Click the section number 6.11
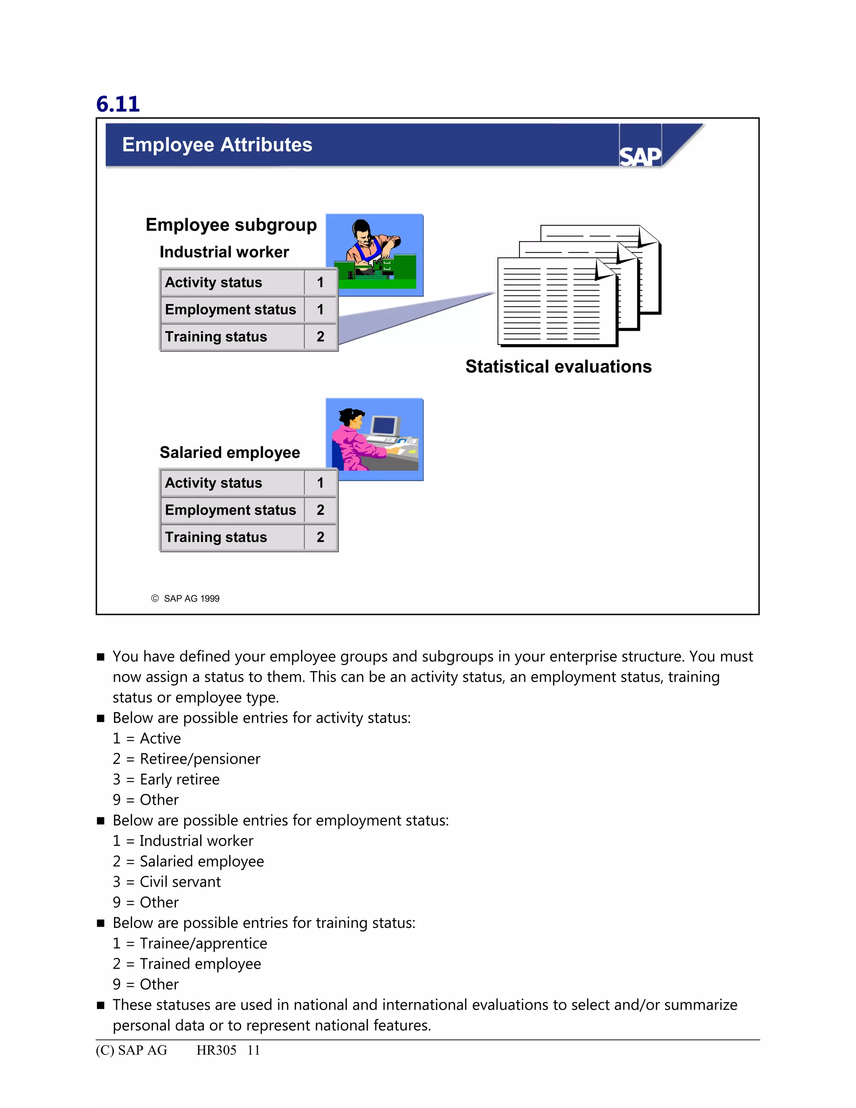(x=117, y=104)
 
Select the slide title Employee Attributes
(x=217, y=145)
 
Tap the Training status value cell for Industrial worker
(x=320, y=336)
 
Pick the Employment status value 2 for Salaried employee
(x=320, y=510)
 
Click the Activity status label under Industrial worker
(x=214, y=282)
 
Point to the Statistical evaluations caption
(x=558, y=366)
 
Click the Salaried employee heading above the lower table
(x=230, y=452)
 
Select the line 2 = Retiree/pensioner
(x=186, y=759)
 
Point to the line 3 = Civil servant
(x=167, y=882)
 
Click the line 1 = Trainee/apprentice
(x=190, y=943)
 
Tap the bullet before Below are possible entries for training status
(x=100, y=923)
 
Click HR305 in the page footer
(x=217, y=1050)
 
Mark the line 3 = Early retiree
(x=166, y=779)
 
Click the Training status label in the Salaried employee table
(x=216, y=537)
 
